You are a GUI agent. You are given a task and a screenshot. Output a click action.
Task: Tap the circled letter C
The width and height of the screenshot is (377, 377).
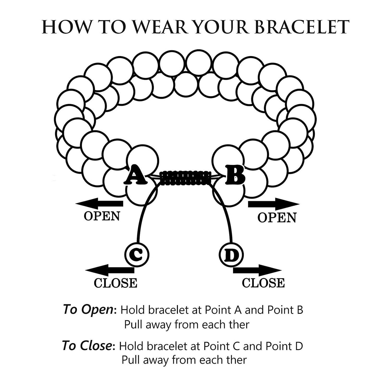[x=137, y=254]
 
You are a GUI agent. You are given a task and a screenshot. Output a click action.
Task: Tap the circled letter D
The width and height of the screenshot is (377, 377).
[x=231, y=255]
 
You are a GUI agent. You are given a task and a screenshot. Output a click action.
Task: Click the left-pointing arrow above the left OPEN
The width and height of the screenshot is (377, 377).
[x=99, y=204]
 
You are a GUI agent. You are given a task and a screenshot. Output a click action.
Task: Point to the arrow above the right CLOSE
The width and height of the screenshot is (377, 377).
[x=257, y=270]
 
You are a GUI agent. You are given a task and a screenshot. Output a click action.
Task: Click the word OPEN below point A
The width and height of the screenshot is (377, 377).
[x=102, y=216]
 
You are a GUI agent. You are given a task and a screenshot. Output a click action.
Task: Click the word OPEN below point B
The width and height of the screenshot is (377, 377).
[x=277, y=218]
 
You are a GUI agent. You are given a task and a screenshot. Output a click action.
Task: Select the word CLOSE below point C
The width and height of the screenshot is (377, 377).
[x=115, y=283]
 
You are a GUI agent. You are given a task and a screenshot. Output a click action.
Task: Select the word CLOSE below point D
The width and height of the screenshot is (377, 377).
[x=263, y=283]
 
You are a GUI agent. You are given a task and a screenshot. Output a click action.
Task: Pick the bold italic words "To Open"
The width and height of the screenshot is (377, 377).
[x=88, y=310]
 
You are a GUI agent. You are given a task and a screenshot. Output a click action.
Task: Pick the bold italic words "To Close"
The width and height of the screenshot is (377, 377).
[x=87, y=346]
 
